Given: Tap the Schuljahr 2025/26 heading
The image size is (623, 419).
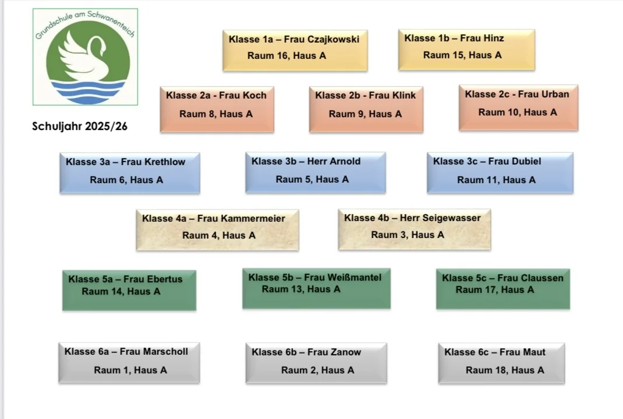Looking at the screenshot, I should coord(79,126).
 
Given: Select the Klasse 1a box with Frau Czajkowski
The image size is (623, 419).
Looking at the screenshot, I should coord(295,50).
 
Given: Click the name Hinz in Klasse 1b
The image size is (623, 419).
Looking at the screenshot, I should coord(493,39).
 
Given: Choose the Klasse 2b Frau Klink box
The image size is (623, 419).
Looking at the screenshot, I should coord(366,109).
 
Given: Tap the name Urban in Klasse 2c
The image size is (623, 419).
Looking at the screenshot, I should coord(555,94).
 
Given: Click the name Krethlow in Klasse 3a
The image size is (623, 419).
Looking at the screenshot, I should coord(164,162).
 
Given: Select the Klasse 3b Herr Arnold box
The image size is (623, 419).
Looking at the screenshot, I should coord(315,172).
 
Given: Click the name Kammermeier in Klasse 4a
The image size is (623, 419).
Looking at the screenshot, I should coord(252,219).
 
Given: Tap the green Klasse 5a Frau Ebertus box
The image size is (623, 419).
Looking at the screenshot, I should coord(129,289).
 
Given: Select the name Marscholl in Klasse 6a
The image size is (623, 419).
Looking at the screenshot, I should coord(166,352).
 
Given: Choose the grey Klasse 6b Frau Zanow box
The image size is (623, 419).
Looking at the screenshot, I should coord(316,362).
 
